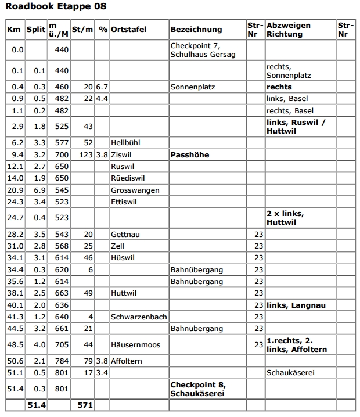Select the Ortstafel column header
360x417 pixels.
coord(128,29)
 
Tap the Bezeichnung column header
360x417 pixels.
coord(196,29)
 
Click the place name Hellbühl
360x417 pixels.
coord(125,142)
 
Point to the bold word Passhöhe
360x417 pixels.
coord(190,155)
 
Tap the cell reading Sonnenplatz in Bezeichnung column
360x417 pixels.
coord(193,87)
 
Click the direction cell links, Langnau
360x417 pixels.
coord(296,305)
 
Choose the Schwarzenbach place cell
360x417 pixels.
coord(139,317)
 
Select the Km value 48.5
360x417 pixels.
coord(15,344)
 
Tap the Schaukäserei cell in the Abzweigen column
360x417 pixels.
coord(290,372)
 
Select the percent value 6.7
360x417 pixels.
coord(102,87)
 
